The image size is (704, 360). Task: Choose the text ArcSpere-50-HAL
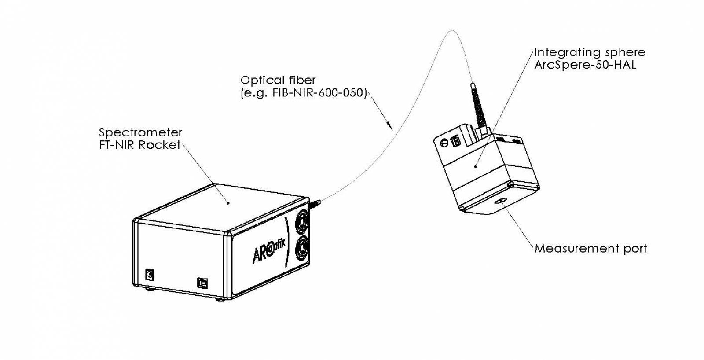pyautogui.click(x=585, y=66)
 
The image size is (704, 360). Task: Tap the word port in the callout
pyautogui.click(x=634, y=249)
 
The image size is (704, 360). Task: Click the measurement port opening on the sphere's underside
pyautogui.click(x=501, y=202)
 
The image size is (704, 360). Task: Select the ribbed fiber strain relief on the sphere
pyautogui.click(x=477, y=106)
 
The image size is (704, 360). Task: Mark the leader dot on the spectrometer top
pyautogui.click(x=228, y=203)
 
